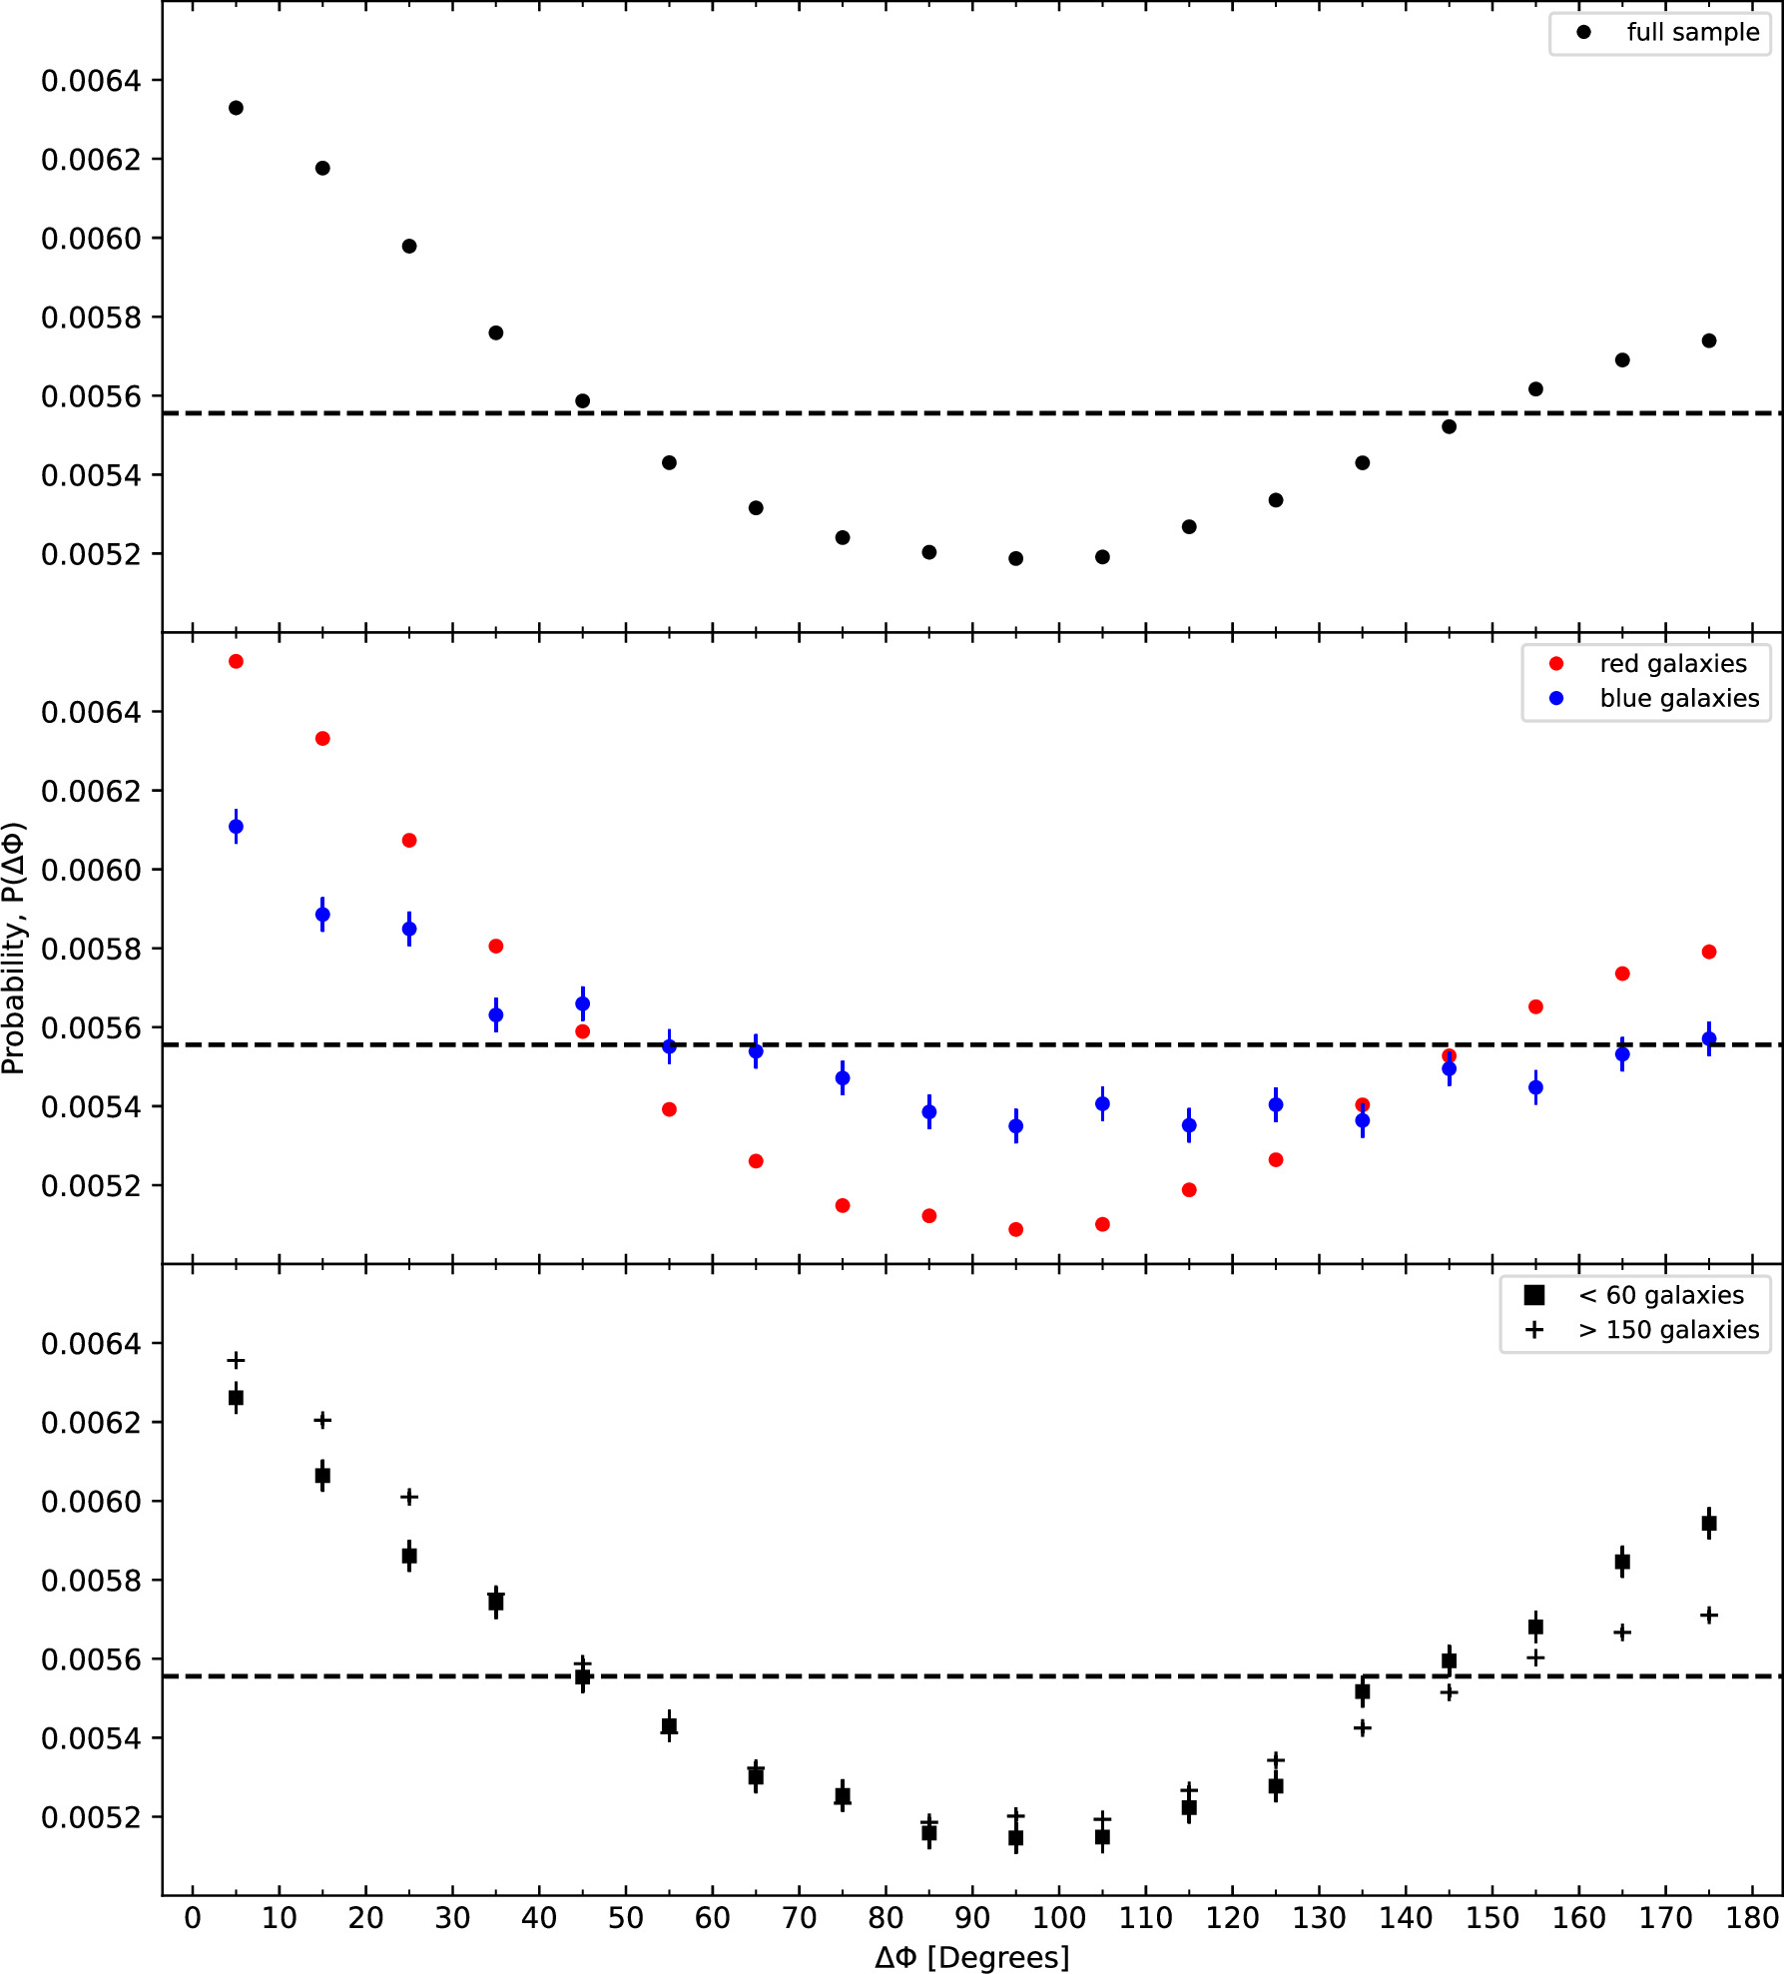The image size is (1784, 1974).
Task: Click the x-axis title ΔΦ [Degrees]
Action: coord(971,1957)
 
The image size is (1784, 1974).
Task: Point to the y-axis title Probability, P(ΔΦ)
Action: coord(14,948)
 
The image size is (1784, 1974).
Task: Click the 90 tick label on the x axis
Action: coord(971,1918)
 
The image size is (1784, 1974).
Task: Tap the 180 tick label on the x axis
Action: coord(1752,1918)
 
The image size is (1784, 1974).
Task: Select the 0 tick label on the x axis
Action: coord(193,1918)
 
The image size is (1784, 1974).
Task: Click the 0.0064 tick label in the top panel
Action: coord(91,81)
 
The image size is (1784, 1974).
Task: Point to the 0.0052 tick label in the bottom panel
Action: coord(91,1817)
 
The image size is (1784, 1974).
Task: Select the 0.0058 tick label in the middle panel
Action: coord(91,949)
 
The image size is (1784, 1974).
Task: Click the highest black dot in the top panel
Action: coord(236,108)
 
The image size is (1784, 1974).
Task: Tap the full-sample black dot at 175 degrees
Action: coord(1709,340)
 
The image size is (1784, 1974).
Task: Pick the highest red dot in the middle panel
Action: coord(236,661)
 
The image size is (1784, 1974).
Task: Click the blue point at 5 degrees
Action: coord(236,827)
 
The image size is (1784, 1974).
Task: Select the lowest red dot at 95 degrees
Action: coord(1015,1229)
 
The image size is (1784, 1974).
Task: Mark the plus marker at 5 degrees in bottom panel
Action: coord(236,1360)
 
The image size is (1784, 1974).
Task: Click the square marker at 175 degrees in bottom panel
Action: coord(1709,1523)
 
